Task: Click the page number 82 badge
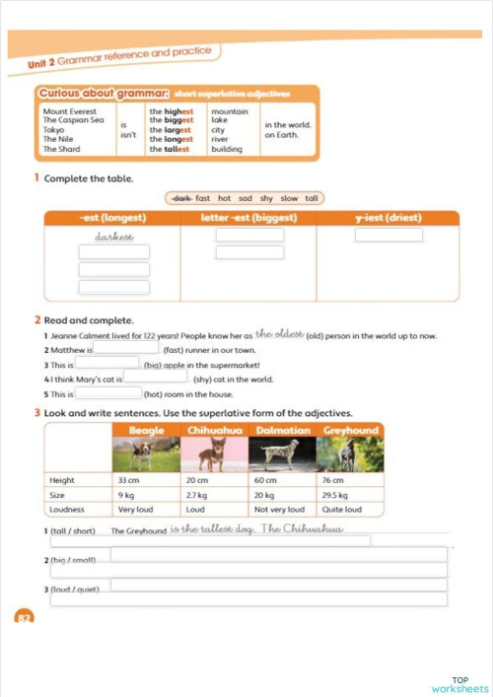tap(24, 617)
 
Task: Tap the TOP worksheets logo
tap(459, 684)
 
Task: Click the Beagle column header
tap(146, 430)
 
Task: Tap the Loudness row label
tap(67, 510)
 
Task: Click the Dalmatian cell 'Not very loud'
tap(279, 510)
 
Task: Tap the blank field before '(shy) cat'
tap(155, 377)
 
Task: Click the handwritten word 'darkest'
tap(113, 237)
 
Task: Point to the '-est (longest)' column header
tap(112, 218)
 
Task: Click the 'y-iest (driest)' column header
tap(387, 218)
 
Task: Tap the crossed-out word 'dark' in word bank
tap(180, 198)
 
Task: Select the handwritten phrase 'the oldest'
tap(279, 334)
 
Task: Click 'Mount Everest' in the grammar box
tap(67, 111)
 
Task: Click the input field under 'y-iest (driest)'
tap(388, 236)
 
